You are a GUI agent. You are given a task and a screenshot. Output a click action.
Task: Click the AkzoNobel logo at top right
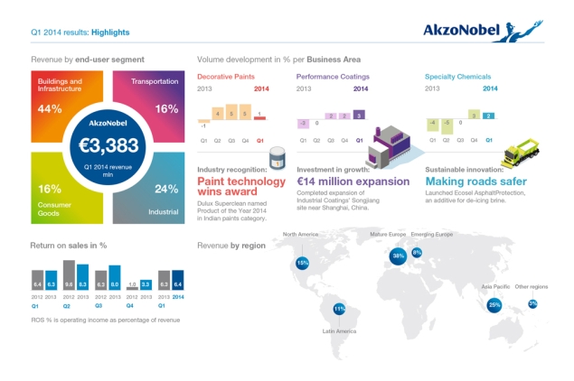pyautogui.click(x=481, y=30)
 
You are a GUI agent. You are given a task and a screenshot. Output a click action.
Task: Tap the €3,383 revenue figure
pyautogui.click(x=108, y=144)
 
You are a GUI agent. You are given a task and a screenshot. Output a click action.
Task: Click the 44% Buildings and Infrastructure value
pyautogui.click(x=50, y=109)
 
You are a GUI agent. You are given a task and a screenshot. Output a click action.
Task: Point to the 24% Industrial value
pyautogui.click(x=165, y=189)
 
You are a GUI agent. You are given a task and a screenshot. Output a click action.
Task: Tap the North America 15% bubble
pyautogui.click(x=302, y=263)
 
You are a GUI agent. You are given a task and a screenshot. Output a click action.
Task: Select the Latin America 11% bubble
pyautogui.click(x=339, y=309)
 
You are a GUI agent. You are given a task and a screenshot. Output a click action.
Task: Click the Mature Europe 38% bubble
pyautogui.click(x=398, y=256)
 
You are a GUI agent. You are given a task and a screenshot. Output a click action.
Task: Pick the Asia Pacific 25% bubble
pyautogui.click(x=494, y=305)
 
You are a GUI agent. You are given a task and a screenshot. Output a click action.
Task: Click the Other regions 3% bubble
pyautogui.click(x=532, y=303)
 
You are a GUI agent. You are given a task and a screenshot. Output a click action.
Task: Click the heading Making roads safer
pyautogui.click(x=475, y=181)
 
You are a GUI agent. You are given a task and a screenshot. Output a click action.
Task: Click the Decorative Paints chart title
pyautogui.click(x=227, y=77)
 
